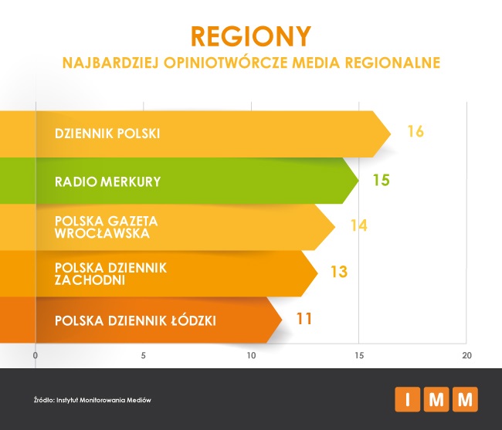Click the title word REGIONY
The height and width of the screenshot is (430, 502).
click(x=250, y=36)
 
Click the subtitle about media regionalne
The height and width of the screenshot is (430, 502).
click(x=250, y=62)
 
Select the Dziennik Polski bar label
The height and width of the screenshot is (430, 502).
click(x=107, y=133)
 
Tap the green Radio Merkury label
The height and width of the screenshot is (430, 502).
click(x=107, y=182)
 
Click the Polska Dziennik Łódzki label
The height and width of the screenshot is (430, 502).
click(x=134, y=320)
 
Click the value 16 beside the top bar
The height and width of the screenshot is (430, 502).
click(x=415, y=131)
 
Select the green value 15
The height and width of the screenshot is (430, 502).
click(x=381, y=181)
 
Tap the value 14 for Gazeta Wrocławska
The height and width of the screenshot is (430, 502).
click(x=357, y=226)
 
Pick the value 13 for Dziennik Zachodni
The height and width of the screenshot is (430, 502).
click(x=338, y=272)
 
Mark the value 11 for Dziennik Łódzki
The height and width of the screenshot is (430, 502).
click(x=304, y=318)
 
